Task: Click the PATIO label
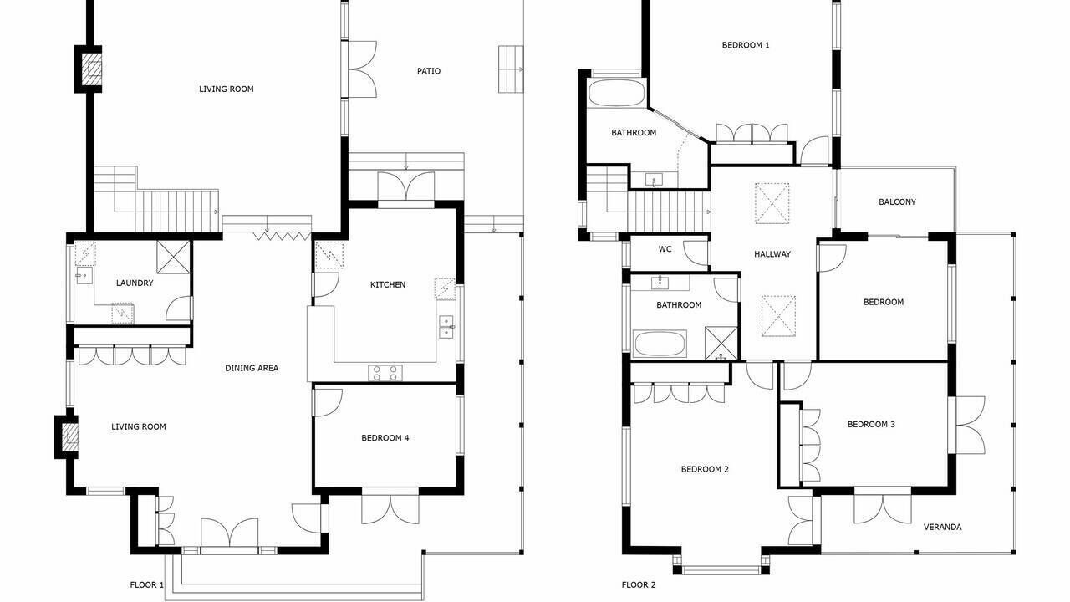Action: point(429,71)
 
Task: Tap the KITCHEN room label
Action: point(388,285)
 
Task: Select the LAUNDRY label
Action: point(135,283)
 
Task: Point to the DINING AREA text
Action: point(252,368)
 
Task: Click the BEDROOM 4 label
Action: point(385,437)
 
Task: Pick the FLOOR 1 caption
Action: point(146,584)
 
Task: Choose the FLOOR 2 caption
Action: point(639,584)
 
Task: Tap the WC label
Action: point(665,249)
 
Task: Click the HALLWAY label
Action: point(772,254)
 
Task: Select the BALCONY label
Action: point(897,202)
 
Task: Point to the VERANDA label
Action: point(942,527)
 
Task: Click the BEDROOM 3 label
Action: point(871,424)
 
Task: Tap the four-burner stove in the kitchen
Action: point(385,373)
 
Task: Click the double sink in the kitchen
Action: point(446,326)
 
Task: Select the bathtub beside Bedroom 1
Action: point(616,93)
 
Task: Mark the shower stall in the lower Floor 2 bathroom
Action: point(721,343)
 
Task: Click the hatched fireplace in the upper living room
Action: point(91,69)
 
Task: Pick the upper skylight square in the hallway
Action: point(772,203)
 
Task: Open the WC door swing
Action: point(696,253)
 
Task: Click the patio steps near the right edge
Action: point(511,69)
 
